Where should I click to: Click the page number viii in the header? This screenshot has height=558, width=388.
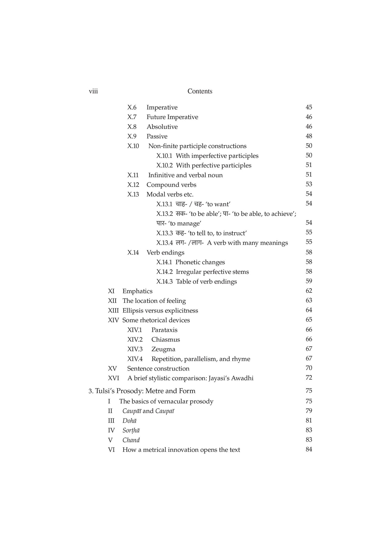point(93,91)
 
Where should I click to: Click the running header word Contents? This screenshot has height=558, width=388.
point(200,91)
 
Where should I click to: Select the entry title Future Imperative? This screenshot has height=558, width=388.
point(172,117)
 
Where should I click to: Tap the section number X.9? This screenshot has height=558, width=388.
point(132,136)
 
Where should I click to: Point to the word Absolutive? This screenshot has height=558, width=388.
point(162,127)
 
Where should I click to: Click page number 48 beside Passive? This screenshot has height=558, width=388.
point(309,136)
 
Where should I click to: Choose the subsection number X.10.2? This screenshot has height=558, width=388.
point(165,165)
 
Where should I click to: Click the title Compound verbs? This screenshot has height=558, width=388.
point(171,185)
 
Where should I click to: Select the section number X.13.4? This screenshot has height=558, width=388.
point(165,243)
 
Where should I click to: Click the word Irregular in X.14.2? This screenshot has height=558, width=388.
point(188,272)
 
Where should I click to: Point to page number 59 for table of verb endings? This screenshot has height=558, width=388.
point(309,281)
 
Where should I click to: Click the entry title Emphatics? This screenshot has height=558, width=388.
point(137,291)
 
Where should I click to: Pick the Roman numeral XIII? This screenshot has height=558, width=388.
point(113,311)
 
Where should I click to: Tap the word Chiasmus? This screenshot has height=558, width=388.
point(166,340)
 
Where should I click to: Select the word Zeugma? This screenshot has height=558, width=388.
point(163,349)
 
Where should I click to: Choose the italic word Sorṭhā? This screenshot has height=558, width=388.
point(131,431)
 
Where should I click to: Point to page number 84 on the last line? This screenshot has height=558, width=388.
point(309,449)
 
